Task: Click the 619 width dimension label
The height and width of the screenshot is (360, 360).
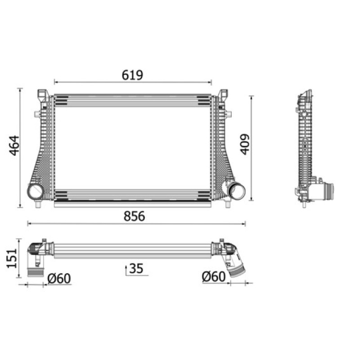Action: pyautogui.click(x=132, y=75)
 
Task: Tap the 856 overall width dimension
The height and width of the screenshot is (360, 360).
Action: pyautogui.click(x=134, y=216)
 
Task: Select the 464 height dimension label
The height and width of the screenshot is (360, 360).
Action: pyautogui.click(x=14, y=145)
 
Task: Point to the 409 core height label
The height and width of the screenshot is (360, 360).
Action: pyautogui.click(x=244, y=144)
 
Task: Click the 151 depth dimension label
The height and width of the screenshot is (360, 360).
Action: pyautogui.click(x=12, y=258)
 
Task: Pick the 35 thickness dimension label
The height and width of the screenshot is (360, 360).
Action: pyautogui.click(x=136, y=268)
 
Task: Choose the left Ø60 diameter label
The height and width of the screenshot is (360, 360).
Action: pyautogui.click(x=59, y=279)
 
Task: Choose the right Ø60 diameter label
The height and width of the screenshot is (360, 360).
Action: pyautogui.click(x=214, y=276)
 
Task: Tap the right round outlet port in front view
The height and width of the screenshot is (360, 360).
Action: pyautogui.click(x=237, y=190)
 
